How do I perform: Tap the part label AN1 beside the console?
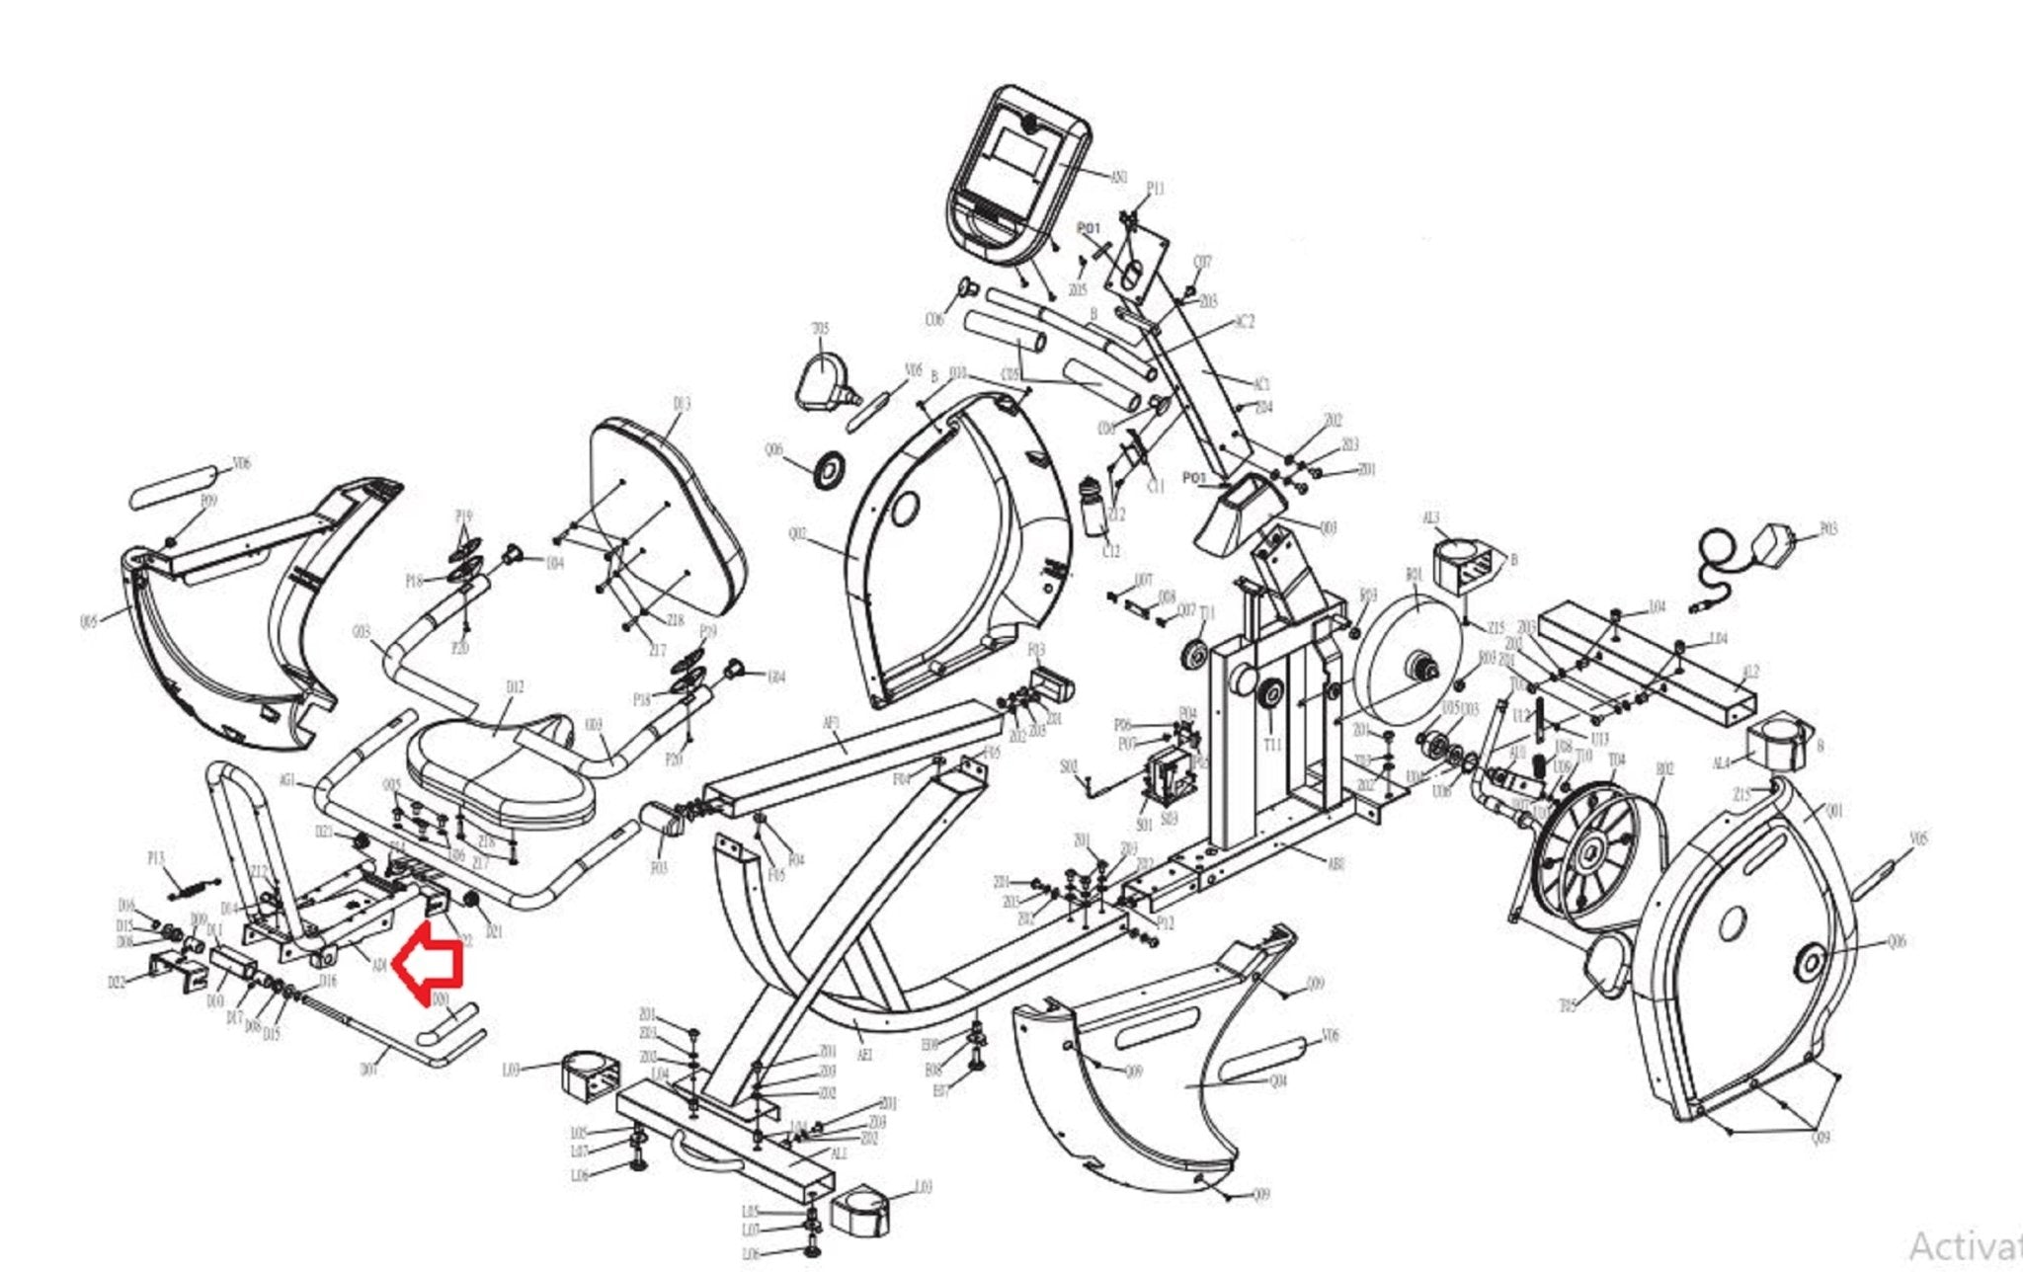(x=1118, y=178)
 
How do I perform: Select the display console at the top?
(x=1017, y=173)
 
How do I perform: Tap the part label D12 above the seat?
(x=515, y=687)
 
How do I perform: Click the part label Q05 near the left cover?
(x=89, y=621)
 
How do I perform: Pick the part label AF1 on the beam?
(x=832, y=723)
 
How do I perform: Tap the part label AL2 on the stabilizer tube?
(x=1750, y=673)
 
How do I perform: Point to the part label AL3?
(x=1430, y=518)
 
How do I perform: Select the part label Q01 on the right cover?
(x=1834, y=812)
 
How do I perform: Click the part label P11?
(x=1155, y=189)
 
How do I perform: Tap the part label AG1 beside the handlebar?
(x=287, y=780)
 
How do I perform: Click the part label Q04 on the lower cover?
(x=1278, y=1081)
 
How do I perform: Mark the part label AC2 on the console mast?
(x=1245, y=322)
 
